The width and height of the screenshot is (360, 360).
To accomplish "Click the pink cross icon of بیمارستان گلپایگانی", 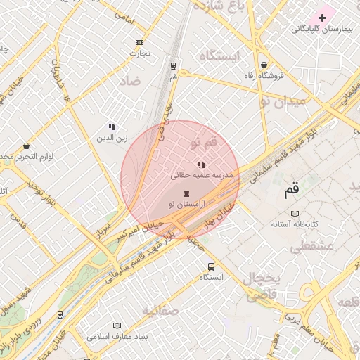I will tap(323, 17).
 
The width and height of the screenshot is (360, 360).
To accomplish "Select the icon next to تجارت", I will tap(139, 42).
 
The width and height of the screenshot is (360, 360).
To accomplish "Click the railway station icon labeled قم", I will tap(173, 65).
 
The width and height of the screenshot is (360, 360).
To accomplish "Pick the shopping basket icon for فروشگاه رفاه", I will tap(263, 65).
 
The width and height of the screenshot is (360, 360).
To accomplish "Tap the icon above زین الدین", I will tap(112, 127).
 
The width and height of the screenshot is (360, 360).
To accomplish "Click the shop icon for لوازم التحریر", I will tap(26, 146).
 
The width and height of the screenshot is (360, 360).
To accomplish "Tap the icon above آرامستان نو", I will tap(186, 193).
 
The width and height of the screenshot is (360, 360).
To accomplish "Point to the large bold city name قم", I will tap(290, 189).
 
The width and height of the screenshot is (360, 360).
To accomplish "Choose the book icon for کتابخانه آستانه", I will tap(295, 213).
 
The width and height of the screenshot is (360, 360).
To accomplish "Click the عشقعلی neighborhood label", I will tap(311, 246).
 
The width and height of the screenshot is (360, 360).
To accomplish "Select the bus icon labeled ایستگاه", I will tap(211, 266).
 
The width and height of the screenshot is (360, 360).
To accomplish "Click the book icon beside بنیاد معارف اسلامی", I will tap(117, 326).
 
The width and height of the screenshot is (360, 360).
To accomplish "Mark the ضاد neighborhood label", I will tap(131, 81).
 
